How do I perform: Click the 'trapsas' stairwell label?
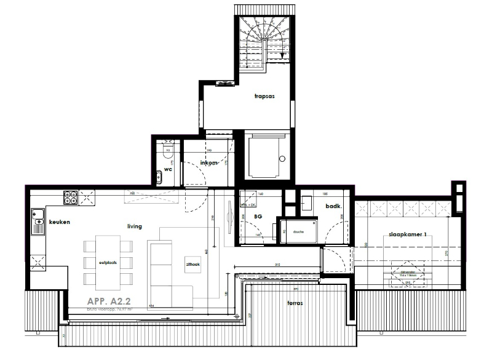click(264, 97)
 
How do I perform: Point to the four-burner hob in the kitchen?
click(69, 198)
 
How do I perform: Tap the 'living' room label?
click(134, 226)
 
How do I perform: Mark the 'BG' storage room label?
click(259, 216)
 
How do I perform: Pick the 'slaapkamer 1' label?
click(407, 235)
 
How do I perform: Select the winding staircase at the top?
click(263, 40)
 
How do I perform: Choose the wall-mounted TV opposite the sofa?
click(230, 215)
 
